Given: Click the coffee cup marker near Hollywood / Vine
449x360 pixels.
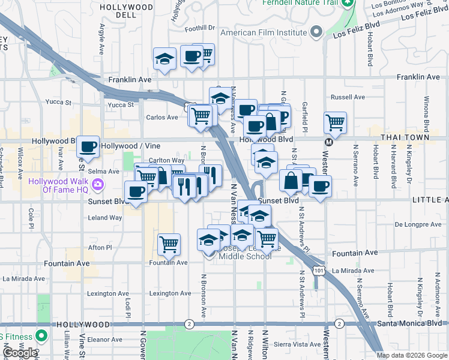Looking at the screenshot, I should point(88,146).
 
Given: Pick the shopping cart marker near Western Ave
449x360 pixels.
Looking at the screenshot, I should point(335,124).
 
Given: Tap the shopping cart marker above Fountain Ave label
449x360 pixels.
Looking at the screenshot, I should point(169,244).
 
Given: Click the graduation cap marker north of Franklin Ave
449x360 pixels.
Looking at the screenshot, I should point(164,59).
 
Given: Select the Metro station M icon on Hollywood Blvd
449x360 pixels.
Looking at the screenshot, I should point(328,142).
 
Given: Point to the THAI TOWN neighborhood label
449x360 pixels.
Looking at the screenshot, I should point(405,137).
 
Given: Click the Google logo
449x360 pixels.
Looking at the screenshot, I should point(19,353).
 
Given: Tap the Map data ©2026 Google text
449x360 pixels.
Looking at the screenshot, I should point(412,355).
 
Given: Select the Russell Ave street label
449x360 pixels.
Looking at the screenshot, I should point(348,97).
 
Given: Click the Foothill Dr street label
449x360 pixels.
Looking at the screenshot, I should point(200,28).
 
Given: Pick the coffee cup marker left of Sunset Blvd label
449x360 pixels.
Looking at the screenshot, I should point(136,192).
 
